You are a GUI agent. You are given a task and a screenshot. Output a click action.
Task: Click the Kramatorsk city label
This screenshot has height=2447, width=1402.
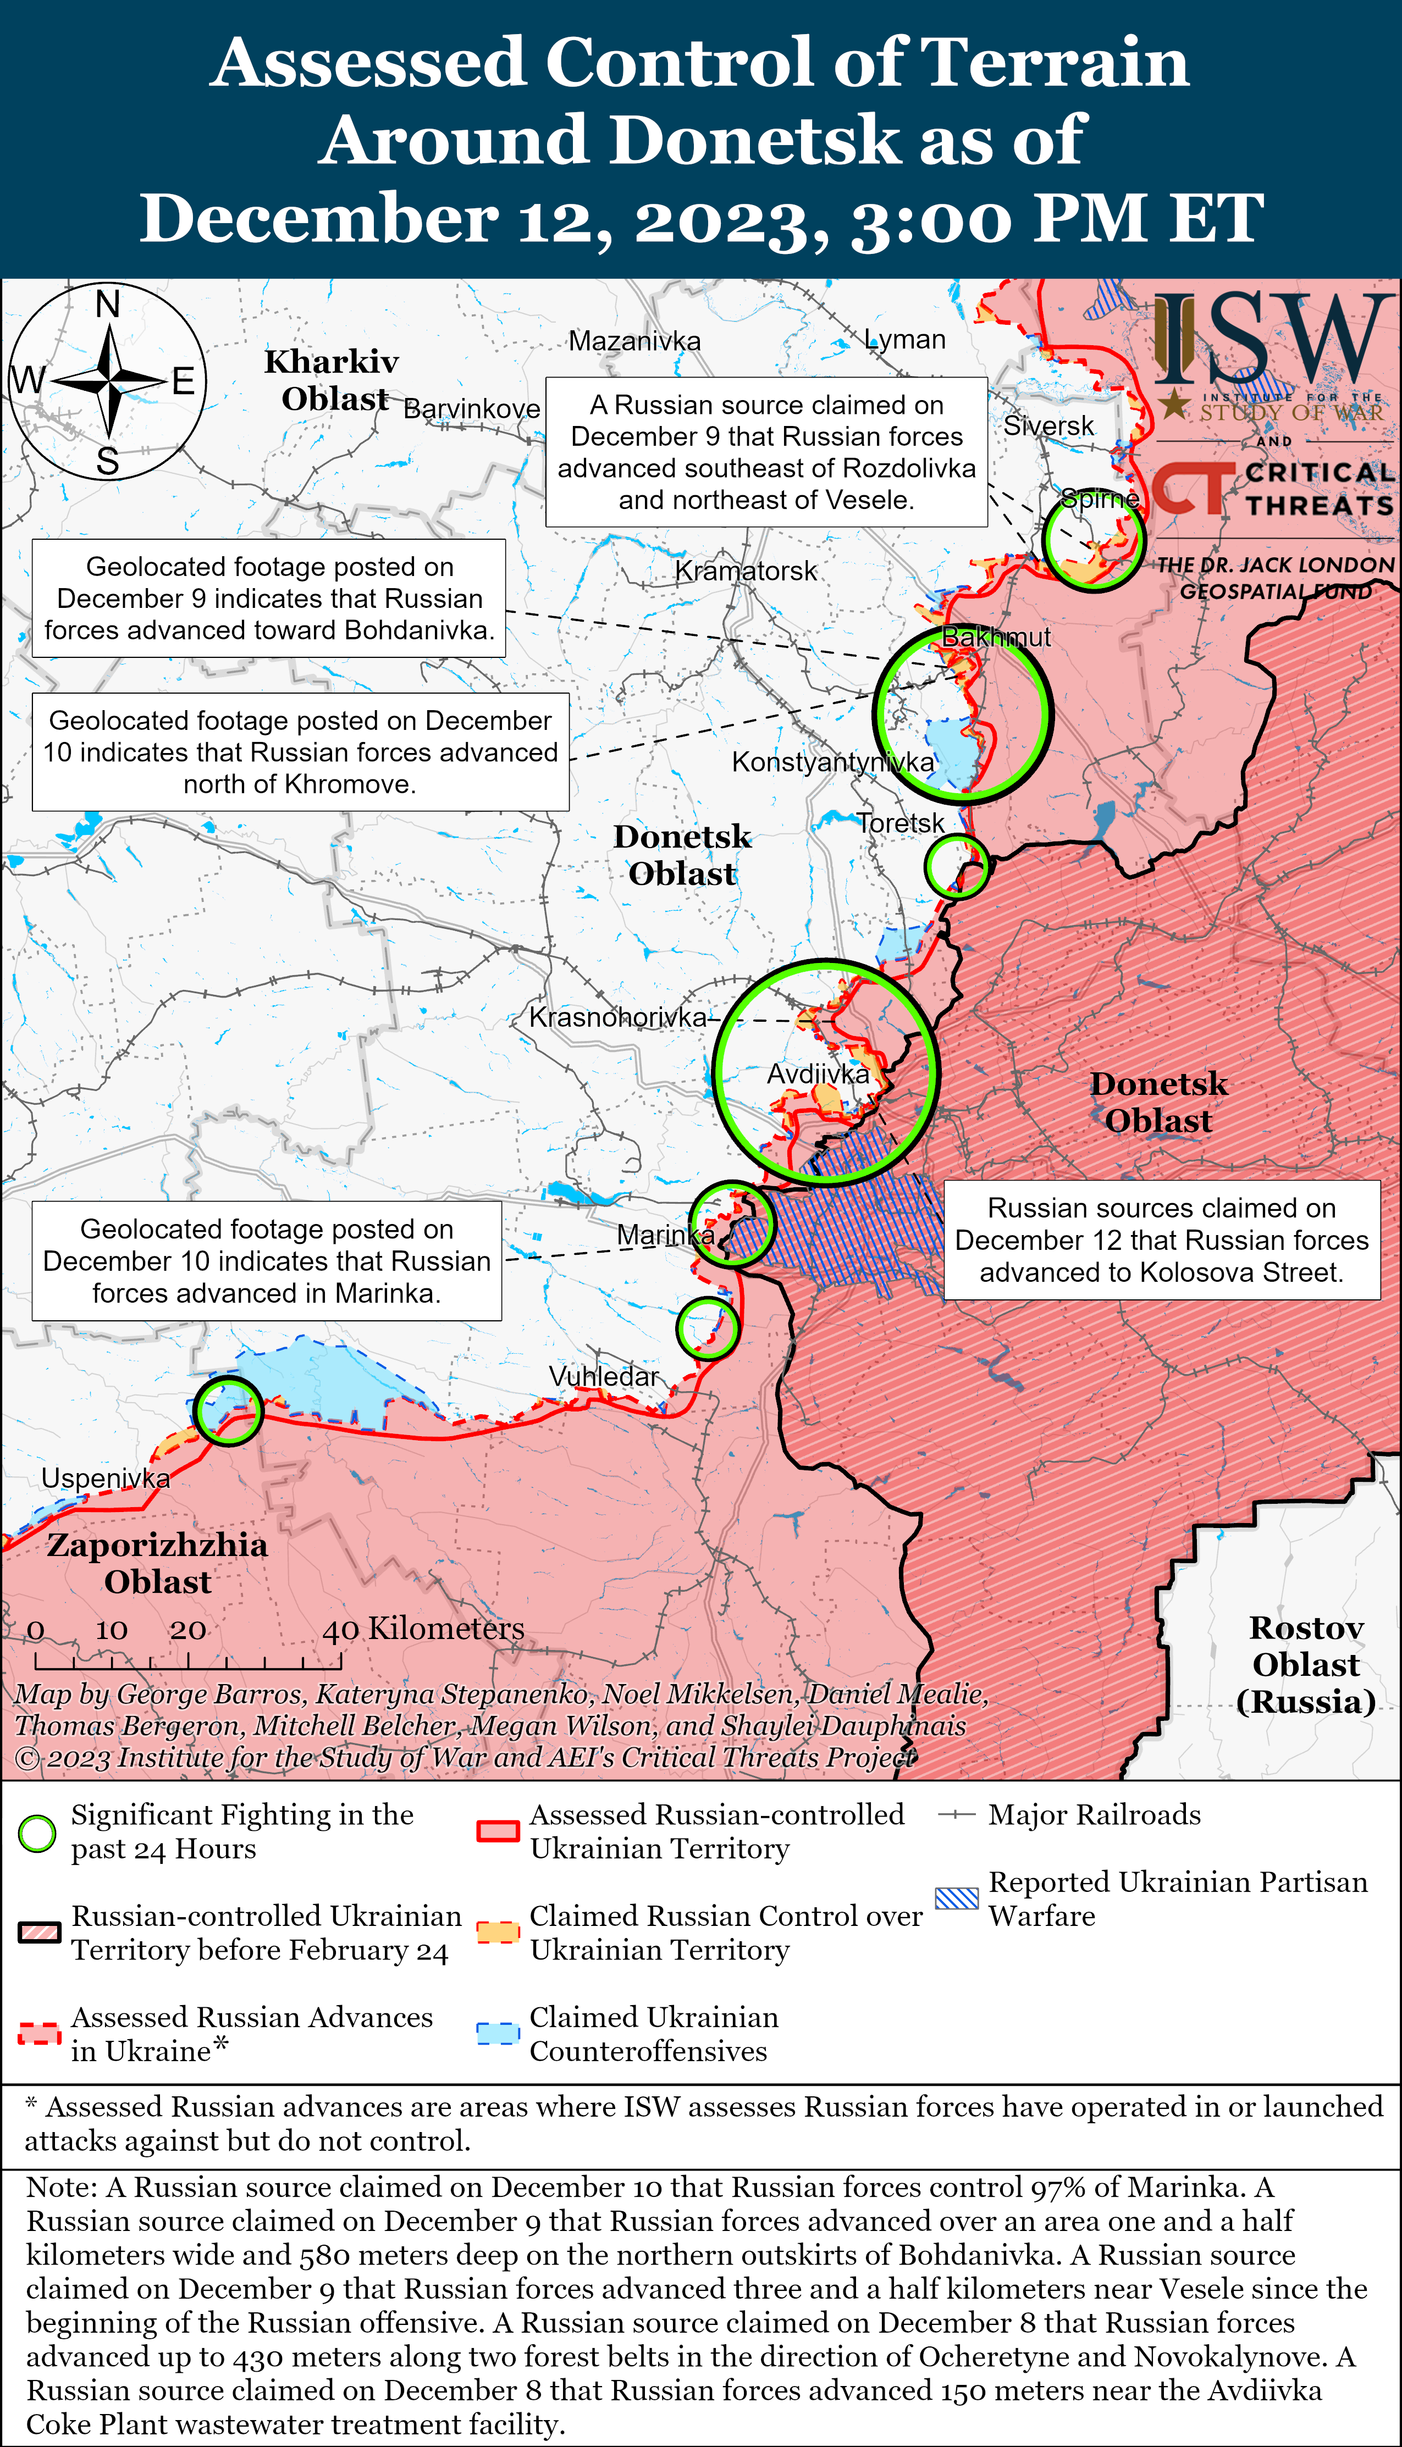(746, 571)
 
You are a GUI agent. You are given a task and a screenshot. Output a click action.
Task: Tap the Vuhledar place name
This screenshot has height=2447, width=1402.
(604, 1376)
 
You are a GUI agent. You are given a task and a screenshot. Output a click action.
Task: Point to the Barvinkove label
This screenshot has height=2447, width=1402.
(472, 409)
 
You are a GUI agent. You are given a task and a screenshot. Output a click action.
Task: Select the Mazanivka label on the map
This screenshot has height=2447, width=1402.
(634, 341)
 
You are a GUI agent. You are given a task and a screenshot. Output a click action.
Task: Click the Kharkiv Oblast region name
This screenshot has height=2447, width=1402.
(332, 380)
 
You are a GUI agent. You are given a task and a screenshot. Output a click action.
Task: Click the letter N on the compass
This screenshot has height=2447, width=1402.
(108, 304)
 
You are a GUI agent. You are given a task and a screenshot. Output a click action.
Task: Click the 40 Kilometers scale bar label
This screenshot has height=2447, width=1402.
(424, 1629)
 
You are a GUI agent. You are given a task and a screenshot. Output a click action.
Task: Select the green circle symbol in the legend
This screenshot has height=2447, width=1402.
(37, 1833)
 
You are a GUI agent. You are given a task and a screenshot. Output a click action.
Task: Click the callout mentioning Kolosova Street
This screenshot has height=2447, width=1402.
(1161, 1240)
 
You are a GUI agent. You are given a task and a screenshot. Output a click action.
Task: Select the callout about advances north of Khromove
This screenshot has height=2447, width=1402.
(300, 752)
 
